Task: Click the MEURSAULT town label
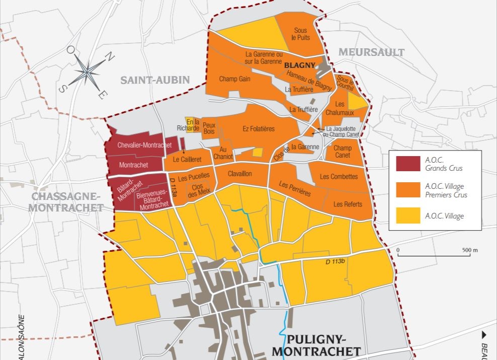tap(371, 52)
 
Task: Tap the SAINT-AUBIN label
tap(155, 80)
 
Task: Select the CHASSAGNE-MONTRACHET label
tap(67, 202)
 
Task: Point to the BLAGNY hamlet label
tap(299, 65)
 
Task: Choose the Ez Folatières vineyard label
tap(259, 129)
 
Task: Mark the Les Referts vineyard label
tap(348, 204)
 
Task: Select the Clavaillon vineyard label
tap(239, 174)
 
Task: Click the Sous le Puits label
tap(301, 34)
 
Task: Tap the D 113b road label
tap(333, 261)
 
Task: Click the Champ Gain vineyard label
tap(235, 79)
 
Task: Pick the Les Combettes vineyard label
tap(339, 177)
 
